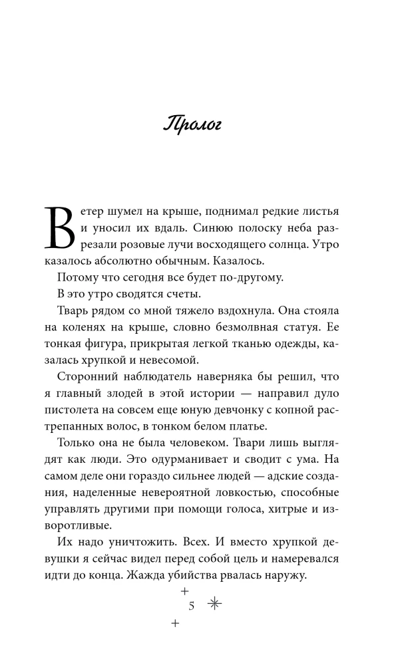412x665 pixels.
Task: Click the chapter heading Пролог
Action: [x=193, y=125]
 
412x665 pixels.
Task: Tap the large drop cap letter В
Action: [x=61, y=227]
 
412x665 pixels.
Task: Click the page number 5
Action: [x=192, y=606]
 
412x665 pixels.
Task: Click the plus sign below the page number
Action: [x=176, y=623]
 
